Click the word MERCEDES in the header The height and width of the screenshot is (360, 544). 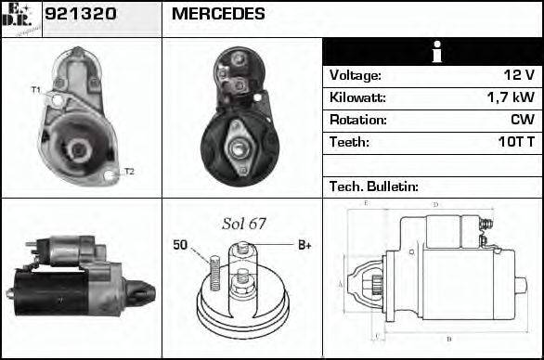[x=218, y=14]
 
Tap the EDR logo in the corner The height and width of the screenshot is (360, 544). [x=20, y=19]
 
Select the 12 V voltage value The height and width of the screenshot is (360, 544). [x=518, y=75]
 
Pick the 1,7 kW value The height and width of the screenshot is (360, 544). [x=510, y=97]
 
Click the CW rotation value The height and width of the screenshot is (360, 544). [x=522, y=120]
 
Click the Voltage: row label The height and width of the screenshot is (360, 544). [x=356, y=75]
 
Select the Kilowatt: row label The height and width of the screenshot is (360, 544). [x=357, y=97]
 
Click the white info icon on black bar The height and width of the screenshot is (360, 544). [x=435, y=52]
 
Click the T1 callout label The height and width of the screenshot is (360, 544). [x=36, y=90]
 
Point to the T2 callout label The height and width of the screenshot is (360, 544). [x=129, y=172]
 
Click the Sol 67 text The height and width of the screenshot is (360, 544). [x=243, y=224]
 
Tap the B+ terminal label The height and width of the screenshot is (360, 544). [x=304, y=245]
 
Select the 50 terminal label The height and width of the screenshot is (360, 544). [x=180, y=245]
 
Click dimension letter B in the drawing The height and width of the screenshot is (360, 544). [x=448, y=338]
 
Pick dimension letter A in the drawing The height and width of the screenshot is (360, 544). [x=341, y=283]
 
